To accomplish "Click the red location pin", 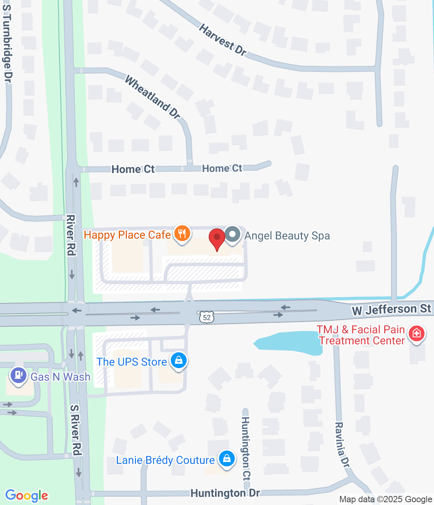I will coord(217,238).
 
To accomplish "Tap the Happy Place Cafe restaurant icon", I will coord(181,234).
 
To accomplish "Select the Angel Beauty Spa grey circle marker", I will coord(232,234).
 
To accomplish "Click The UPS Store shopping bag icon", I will coord(179,360).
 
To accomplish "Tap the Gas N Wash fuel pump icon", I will coord(18,375).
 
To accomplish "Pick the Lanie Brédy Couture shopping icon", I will coord(226,458).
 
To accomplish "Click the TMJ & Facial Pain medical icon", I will coord(416,334).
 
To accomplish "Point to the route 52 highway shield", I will coord(207,317).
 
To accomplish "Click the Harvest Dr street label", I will coord(223,40).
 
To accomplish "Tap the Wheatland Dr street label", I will coord(153,97).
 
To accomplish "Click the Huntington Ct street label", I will coord(245,449).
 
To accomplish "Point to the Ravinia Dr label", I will coord(342,445).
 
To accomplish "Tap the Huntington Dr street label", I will coord(225,493).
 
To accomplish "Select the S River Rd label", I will coord(76,430).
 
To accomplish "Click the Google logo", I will coord(27,496).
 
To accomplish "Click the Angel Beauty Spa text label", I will coord(287,236).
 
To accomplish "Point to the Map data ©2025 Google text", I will coord(385,499).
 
